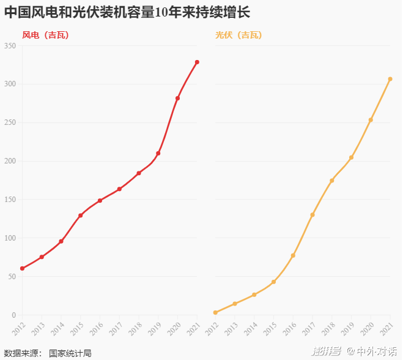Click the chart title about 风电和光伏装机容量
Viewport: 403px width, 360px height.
[127, 12]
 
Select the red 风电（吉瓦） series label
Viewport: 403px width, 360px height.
[45, 36]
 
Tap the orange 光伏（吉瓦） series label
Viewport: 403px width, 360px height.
[238, 36]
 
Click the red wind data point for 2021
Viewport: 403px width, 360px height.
[197, 62]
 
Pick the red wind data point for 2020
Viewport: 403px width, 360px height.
[177, 98]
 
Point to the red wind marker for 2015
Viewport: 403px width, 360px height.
[80, 216]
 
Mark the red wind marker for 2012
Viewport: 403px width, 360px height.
[22, 268]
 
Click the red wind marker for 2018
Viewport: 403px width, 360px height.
[139, 173]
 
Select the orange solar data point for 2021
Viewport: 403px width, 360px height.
[390, 79]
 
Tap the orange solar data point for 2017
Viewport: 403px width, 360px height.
[312, 215]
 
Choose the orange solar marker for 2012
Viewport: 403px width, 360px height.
[215, 312]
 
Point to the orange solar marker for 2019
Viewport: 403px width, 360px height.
[351, 157]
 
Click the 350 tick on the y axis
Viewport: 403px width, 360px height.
[10, 46]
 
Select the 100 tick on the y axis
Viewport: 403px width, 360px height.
[10, 238]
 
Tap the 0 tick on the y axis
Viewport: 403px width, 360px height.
[14, 315]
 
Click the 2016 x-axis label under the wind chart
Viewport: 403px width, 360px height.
[95, 329]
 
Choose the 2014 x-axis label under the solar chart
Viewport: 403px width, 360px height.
[250, 329]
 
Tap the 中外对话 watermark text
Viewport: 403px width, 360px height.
[376, 351]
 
